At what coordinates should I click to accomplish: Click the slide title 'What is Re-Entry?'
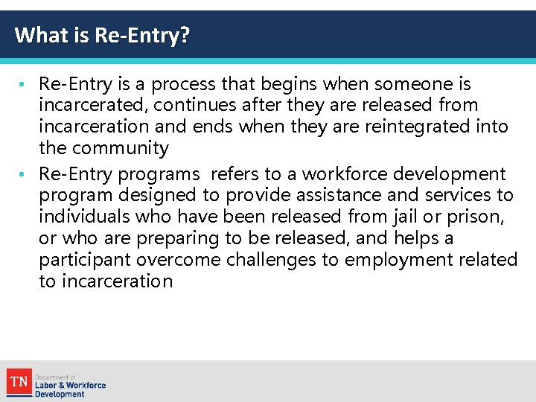tap(102, 35)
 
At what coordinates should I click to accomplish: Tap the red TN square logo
tap(19, 382)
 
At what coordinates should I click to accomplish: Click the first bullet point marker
tap(30, 83)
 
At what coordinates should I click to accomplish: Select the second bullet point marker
tap(30, 174)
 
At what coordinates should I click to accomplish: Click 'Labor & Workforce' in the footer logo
tap(70, 385)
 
